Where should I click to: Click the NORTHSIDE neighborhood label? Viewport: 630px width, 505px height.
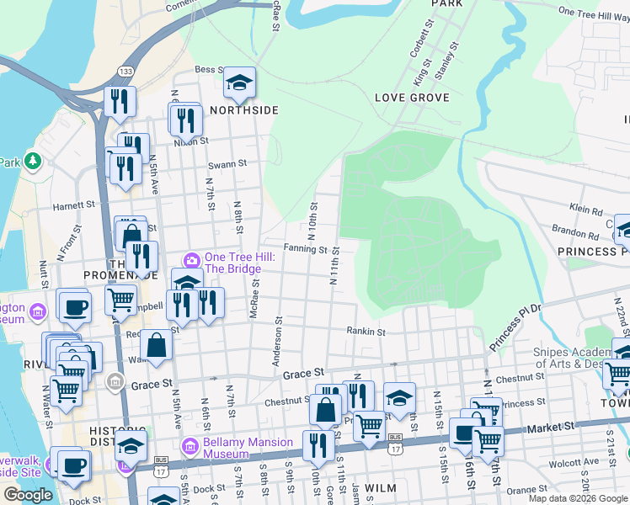click(243, 110)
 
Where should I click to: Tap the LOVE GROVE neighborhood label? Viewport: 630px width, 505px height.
click(412, 98)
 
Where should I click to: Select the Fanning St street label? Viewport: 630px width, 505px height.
click(305, 249)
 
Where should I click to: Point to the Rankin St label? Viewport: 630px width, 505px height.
click(366, 332)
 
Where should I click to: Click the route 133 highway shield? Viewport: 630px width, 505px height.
click(125, 71)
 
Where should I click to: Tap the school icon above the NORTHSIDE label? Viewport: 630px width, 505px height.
click(239, 82)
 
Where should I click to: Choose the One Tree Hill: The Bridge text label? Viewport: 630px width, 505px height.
click(232, 263)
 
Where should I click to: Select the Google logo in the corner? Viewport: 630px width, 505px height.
click(28, 495)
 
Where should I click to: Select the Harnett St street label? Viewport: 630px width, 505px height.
click(74, 205)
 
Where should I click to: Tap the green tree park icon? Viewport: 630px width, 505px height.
click(33, 160)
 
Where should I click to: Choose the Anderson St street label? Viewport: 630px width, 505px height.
click(276, 347)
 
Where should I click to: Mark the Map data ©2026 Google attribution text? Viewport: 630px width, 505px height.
click(577, 498)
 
